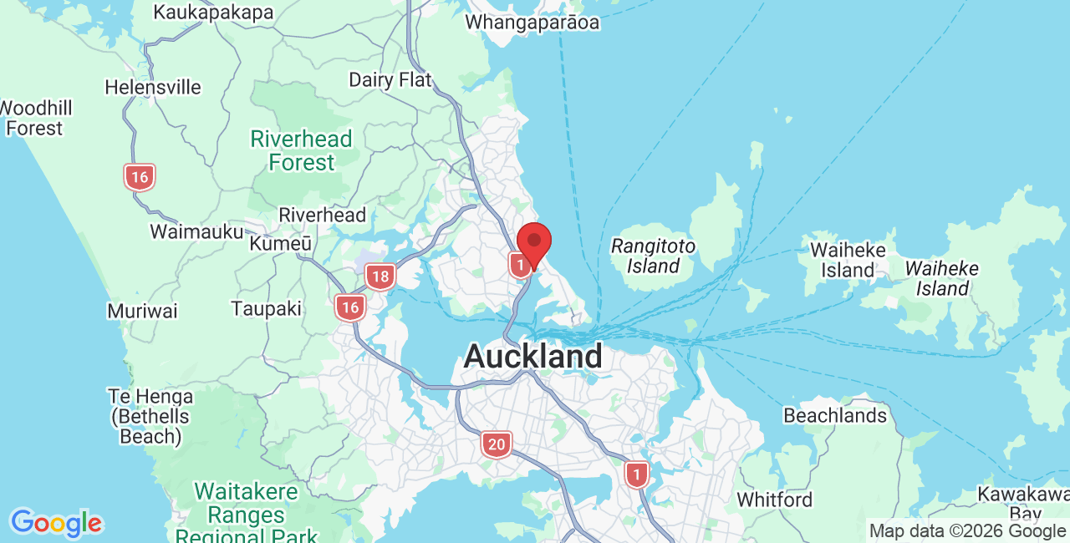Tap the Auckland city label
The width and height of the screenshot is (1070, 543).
pyautogui.click(x=532, y=357)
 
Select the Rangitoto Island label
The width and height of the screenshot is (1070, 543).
pyautogui.click(x=653, y=256)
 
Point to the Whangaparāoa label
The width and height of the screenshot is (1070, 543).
pyautogui.click(x=532, y=23)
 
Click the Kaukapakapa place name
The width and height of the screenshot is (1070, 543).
pyautogui.click(x=214, y=13)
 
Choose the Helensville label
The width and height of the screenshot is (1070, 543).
pyautogui.click(x=153, y=87)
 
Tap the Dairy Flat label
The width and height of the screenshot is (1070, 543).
pyautogui.click(x=390, y=80)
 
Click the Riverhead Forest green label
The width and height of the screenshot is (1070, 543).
pyautogui.click(x=302, y=150)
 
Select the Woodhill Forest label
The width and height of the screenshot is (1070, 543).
pyautogui.click(x=35, y=118)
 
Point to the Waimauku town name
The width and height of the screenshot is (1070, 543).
pyautogui.click(x=196, y=231)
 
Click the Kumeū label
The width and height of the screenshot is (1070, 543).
pyautogui.click(x=281, y=244)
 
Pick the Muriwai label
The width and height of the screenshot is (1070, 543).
pyautogui.click(x=142, y=312)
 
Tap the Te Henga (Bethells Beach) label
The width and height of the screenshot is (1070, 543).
pyautogui.click(x=150, y=416)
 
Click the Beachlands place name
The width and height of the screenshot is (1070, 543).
pyautogui.click(x=835, y=415)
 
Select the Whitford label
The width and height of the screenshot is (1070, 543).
pyautogui.click(x=774, y=500)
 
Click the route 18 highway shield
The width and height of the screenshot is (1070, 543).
pyautogui.click(x=380, y=277)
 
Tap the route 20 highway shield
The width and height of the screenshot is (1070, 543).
pyautogui.click(x=497, y=444)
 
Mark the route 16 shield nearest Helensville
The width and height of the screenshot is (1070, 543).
pyautogui.click(x=140, y=177)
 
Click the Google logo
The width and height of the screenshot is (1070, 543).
pyautogui.click(x=56, y=524)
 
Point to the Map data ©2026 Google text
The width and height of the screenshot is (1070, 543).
pyautogui.click(x=967, y=531)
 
